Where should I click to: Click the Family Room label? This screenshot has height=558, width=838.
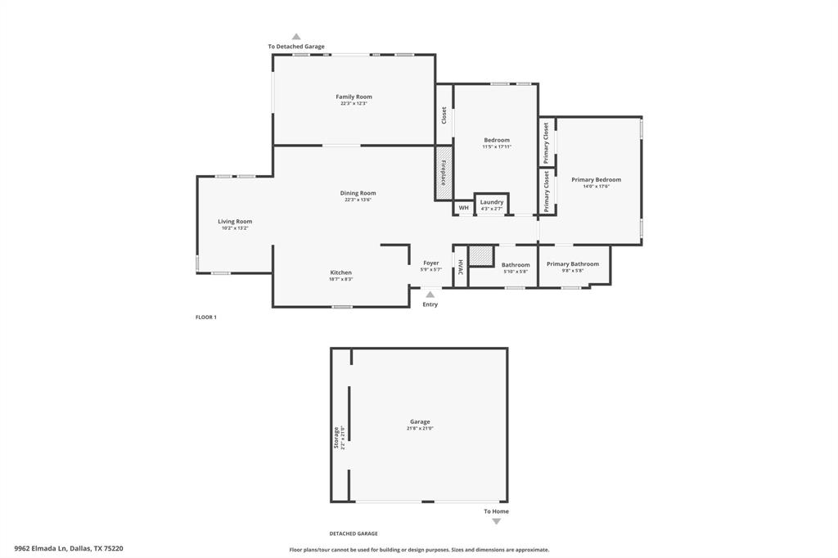(354, 97)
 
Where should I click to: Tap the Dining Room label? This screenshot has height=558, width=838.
(358, 194)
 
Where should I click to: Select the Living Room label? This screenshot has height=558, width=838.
(235, 222)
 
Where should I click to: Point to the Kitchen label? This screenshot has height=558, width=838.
(340, 273)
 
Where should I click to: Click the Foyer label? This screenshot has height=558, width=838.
(431, 263)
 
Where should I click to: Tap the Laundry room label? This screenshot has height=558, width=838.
(492, 202)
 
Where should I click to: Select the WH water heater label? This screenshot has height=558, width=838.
(463, 208)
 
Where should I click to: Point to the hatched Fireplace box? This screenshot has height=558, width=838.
(444, 172)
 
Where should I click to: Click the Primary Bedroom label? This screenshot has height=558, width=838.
(596, 180)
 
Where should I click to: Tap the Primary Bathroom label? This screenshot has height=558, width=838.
(573, 264)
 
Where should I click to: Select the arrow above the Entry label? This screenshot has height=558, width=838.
(430, 295)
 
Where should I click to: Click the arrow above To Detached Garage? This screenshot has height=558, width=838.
(296, 37)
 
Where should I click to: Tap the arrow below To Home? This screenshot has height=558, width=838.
(496, 521)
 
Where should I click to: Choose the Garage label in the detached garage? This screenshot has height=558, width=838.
(420, 422)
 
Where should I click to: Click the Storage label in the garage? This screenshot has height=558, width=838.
(336, 438)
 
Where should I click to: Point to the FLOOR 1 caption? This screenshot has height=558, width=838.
(205, 317)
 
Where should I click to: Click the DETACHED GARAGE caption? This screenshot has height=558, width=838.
(354, 533)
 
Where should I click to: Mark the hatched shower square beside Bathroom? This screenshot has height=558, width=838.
(481, 255)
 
